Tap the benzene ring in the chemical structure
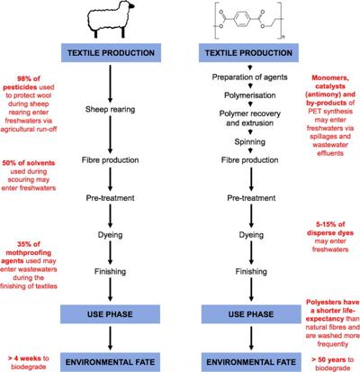coord(241,19)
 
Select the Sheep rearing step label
coord(110,109)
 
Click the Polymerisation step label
coord(250,95)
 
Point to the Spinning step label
coord(250,141)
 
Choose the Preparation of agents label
coord(250,77)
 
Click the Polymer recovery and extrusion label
coord(250,118)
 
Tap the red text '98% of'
coord(29,78)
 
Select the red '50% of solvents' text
coord(29,163)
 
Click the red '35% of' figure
coord(29,244)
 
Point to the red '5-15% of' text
coord(330,224)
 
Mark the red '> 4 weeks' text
coord(24,358)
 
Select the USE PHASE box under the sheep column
coord(110,314)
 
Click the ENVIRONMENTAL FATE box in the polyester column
coord(251,362)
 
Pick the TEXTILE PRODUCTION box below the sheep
coord(111,53)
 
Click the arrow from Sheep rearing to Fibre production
coord(110,134)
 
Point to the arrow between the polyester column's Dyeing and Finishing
coord(251,252)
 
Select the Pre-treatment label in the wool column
coord(110,198)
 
